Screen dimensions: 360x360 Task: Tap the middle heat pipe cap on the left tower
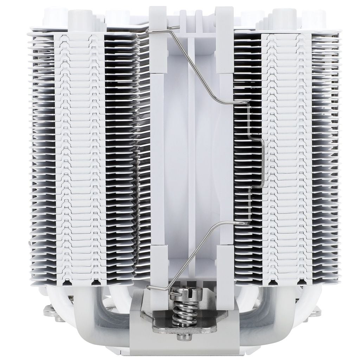75,16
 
